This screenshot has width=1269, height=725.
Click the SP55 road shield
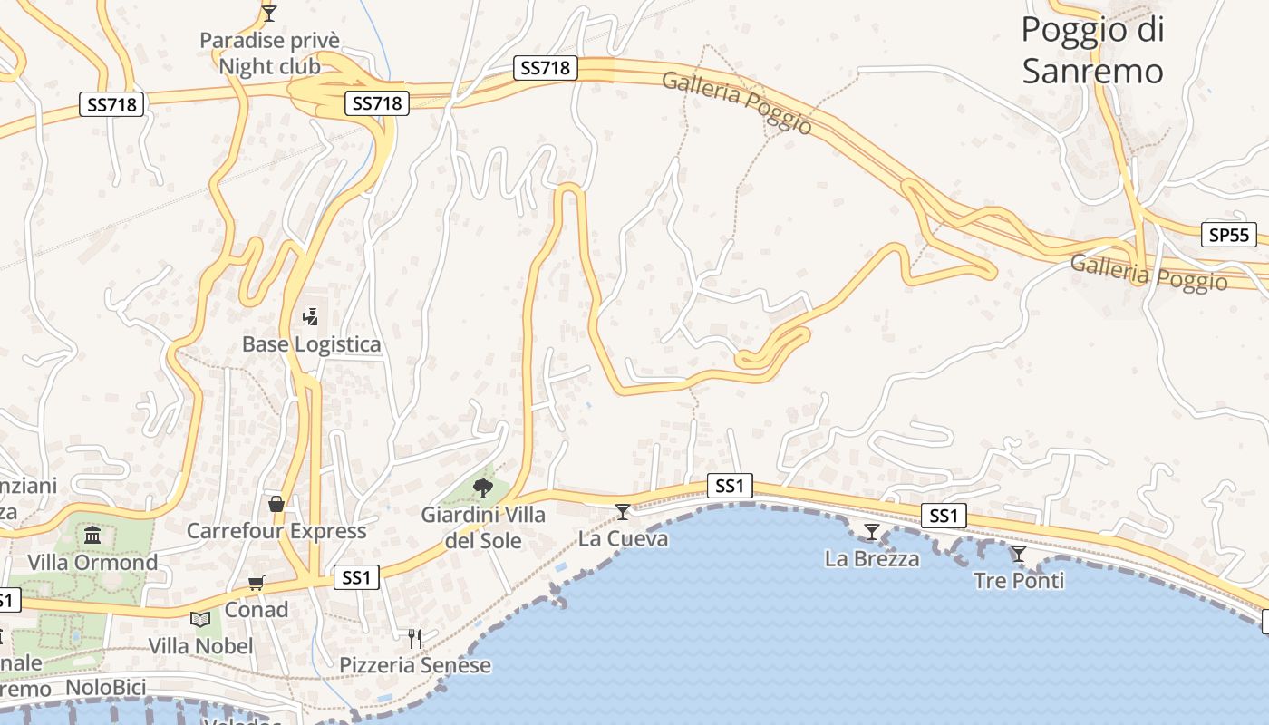pos(1228,235)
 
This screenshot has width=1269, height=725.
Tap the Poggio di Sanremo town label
pos(1092,50)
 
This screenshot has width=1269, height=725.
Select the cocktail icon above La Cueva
pos(623,512)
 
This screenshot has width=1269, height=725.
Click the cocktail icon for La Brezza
pos(872,531)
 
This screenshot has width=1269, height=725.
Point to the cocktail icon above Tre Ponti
pos(1019,553)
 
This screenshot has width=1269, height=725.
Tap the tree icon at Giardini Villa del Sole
pos(483,489)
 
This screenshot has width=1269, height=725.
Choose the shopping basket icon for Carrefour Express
pos(276,504)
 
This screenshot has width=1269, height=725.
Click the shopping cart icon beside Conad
pos(257,583)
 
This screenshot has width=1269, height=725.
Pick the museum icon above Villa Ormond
pos(92,535)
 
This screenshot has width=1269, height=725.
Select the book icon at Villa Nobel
pos(200,620)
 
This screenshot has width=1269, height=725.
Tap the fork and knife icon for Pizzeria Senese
pos(414,638)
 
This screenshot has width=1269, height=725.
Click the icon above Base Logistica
pos(311,316)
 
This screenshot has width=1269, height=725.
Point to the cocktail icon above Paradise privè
pos(268,13)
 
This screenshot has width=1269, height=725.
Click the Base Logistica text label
pos(311,344)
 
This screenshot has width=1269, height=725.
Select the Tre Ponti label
pos(1019,580)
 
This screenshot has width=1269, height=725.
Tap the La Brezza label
pos(872,558)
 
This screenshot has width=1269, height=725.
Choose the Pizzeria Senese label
pos(414,665)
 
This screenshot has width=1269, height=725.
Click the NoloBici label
pos(106,688)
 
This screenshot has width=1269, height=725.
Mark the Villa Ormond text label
pos(92,563)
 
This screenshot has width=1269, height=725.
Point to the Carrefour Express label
pos(276,531)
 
